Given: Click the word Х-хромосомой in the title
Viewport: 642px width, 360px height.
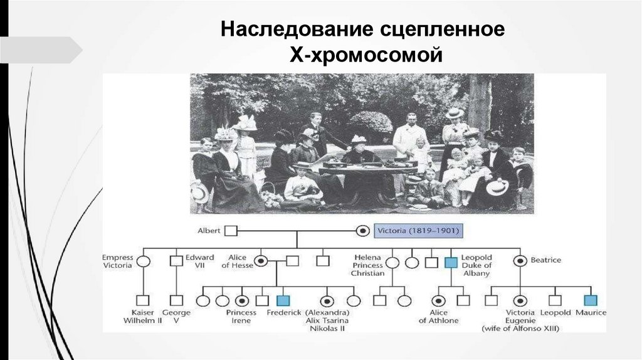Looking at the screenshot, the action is point(366,55).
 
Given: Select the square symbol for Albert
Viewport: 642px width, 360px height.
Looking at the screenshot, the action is point(231,231).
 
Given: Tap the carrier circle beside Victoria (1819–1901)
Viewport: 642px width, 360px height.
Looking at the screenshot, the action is point(362,231).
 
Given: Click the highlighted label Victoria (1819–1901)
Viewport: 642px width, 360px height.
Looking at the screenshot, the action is point(418,231).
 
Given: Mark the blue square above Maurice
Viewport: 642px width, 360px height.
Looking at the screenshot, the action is point(590,300).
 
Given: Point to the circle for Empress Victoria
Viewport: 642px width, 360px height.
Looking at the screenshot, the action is point(144,262).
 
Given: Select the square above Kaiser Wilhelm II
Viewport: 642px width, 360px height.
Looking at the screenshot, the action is point(144,300).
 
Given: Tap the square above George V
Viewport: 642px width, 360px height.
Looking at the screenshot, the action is point(177,300).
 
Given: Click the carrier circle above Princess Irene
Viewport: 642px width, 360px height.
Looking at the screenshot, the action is point(242,300).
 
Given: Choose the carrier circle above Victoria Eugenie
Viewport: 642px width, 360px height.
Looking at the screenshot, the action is point(520,300).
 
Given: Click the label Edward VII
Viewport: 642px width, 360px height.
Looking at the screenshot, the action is point(199,262).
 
